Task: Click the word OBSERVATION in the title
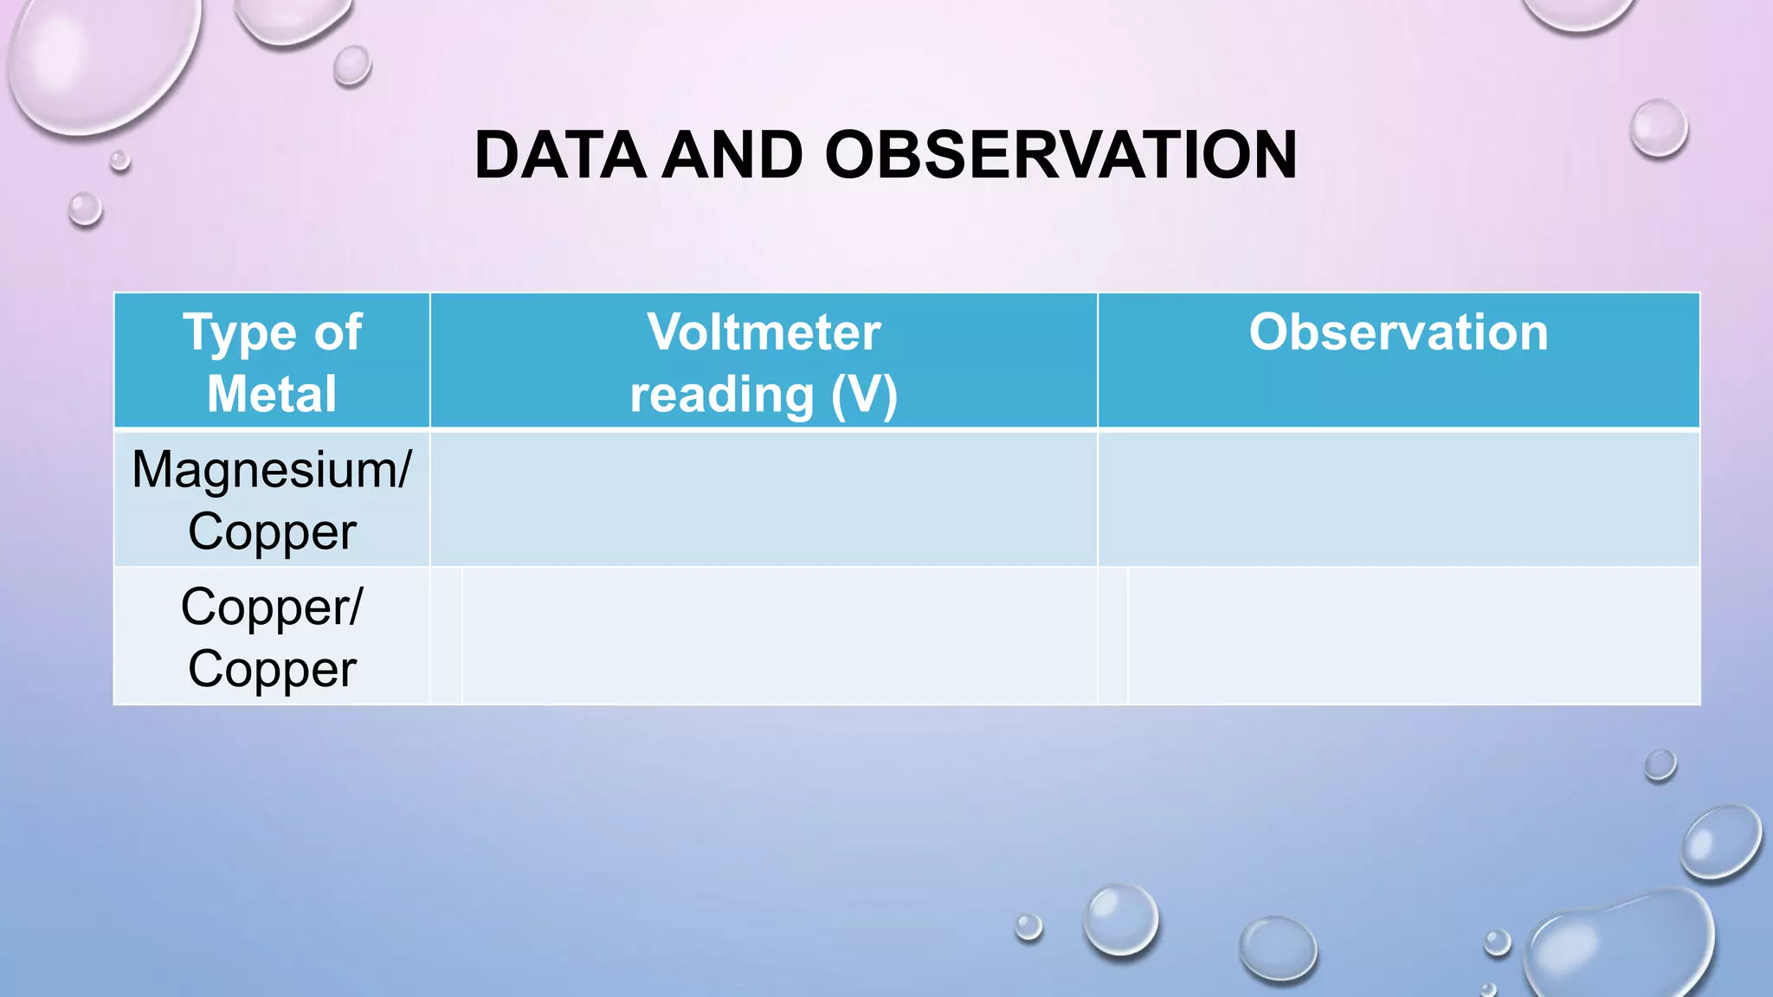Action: pyautogui.click(x=1061, y=156)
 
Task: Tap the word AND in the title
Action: pyautogui.click(x=732, y=156)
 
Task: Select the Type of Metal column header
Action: pyautogui.click(x=272, y=362)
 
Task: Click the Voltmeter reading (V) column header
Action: pyautogui.click(x=764, y=362)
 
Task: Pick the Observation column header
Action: pyautogui.click(x=1398, y=333)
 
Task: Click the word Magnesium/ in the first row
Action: pyautogui.click(x=272, y=470)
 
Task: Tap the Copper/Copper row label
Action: pyautogui.click(x=272, y=637)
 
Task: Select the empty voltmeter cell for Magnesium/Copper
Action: pyautogui.click(x=764, y=499)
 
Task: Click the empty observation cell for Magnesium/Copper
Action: pyautogui.click(x=1398, y=499)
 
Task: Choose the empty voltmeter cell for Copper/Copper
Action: pyautogui.click(x=779, y=637)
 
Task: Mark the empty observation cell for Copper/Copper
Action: pyautogui.click(x=1414, y=637)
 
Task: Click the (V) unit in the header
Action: pyautogui.click(x=863, y=396)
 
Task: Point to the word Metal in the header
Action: pyautogui.click(x=272, y=395)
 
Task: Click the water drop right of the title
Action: pyautogui.click(x=1658, y=129)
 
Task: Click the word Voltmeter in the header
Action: pyautogui.click(x=764, y=332)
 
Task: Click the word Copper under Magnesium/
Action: pyautogui.click(x=272, y=531)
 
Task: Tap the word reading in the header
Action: pyautogui.click(x=721, y=396)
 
